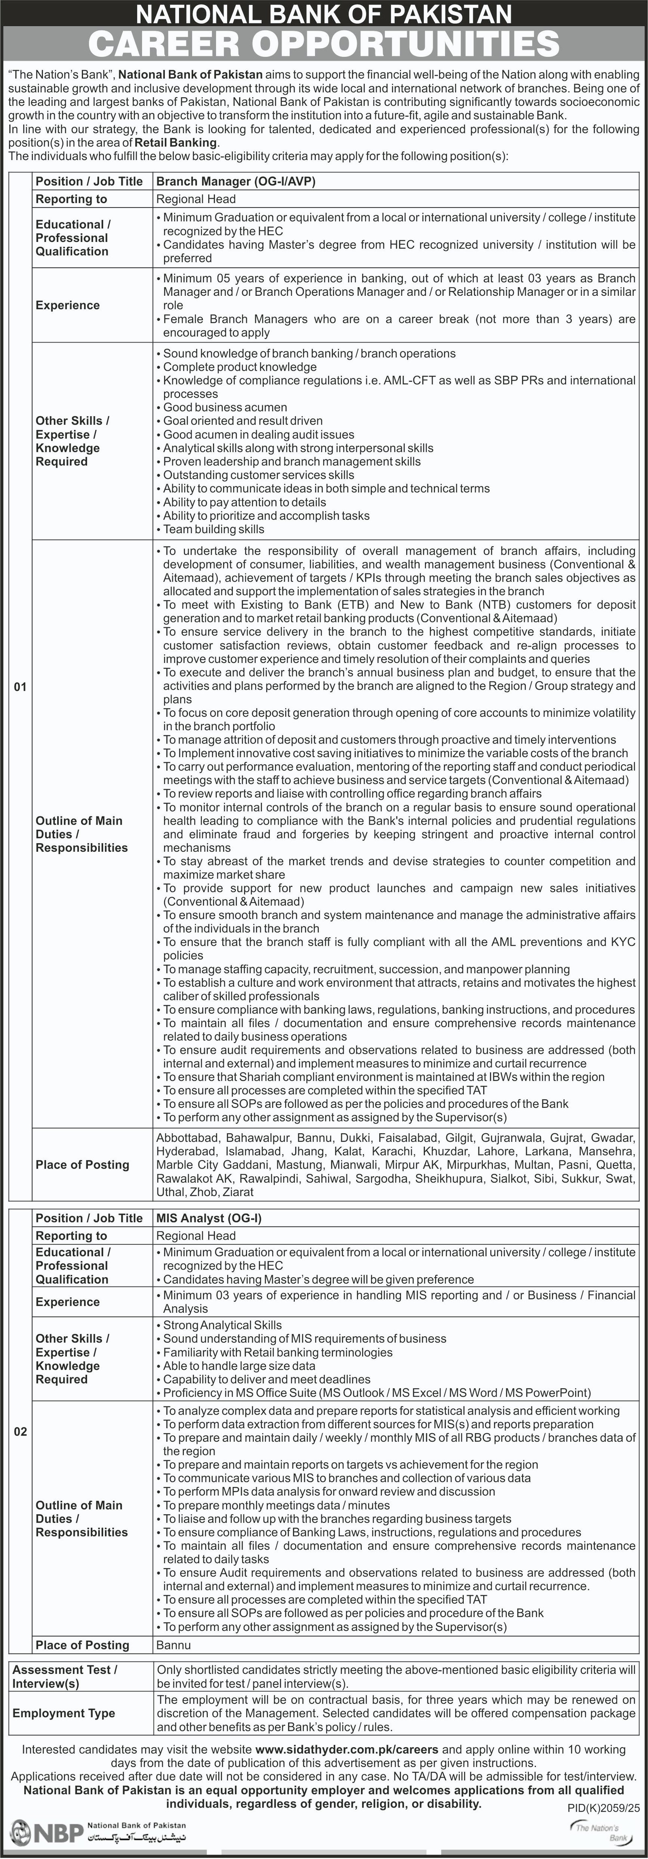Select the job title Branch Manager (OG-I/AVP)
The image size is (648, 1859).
click(236, 181)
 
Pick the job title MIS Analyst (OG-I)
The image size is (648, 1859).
click(209, 1218)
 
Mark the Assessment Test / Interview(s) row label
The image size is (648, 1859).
click(65, 1676)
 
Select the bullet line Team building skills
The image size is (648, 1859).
click(213, 529)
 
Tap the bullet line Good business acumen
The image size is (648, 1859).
click(224, 407)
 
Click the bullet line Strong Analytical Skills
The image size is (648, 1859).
click(222, 1325)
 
